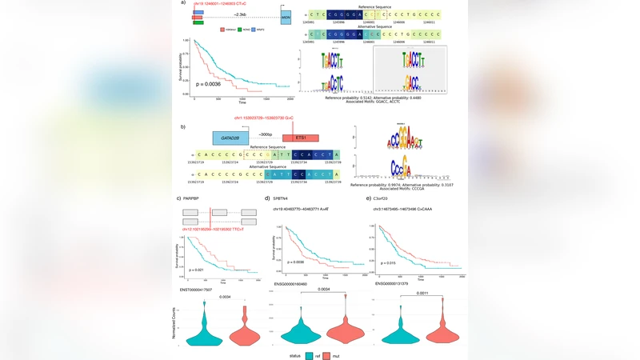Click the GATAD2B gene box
(230, 138)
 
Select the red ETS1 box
(301, 138)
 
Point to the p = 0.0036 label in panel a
(208, 83)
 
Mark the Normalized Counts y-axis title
(175, 325)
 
